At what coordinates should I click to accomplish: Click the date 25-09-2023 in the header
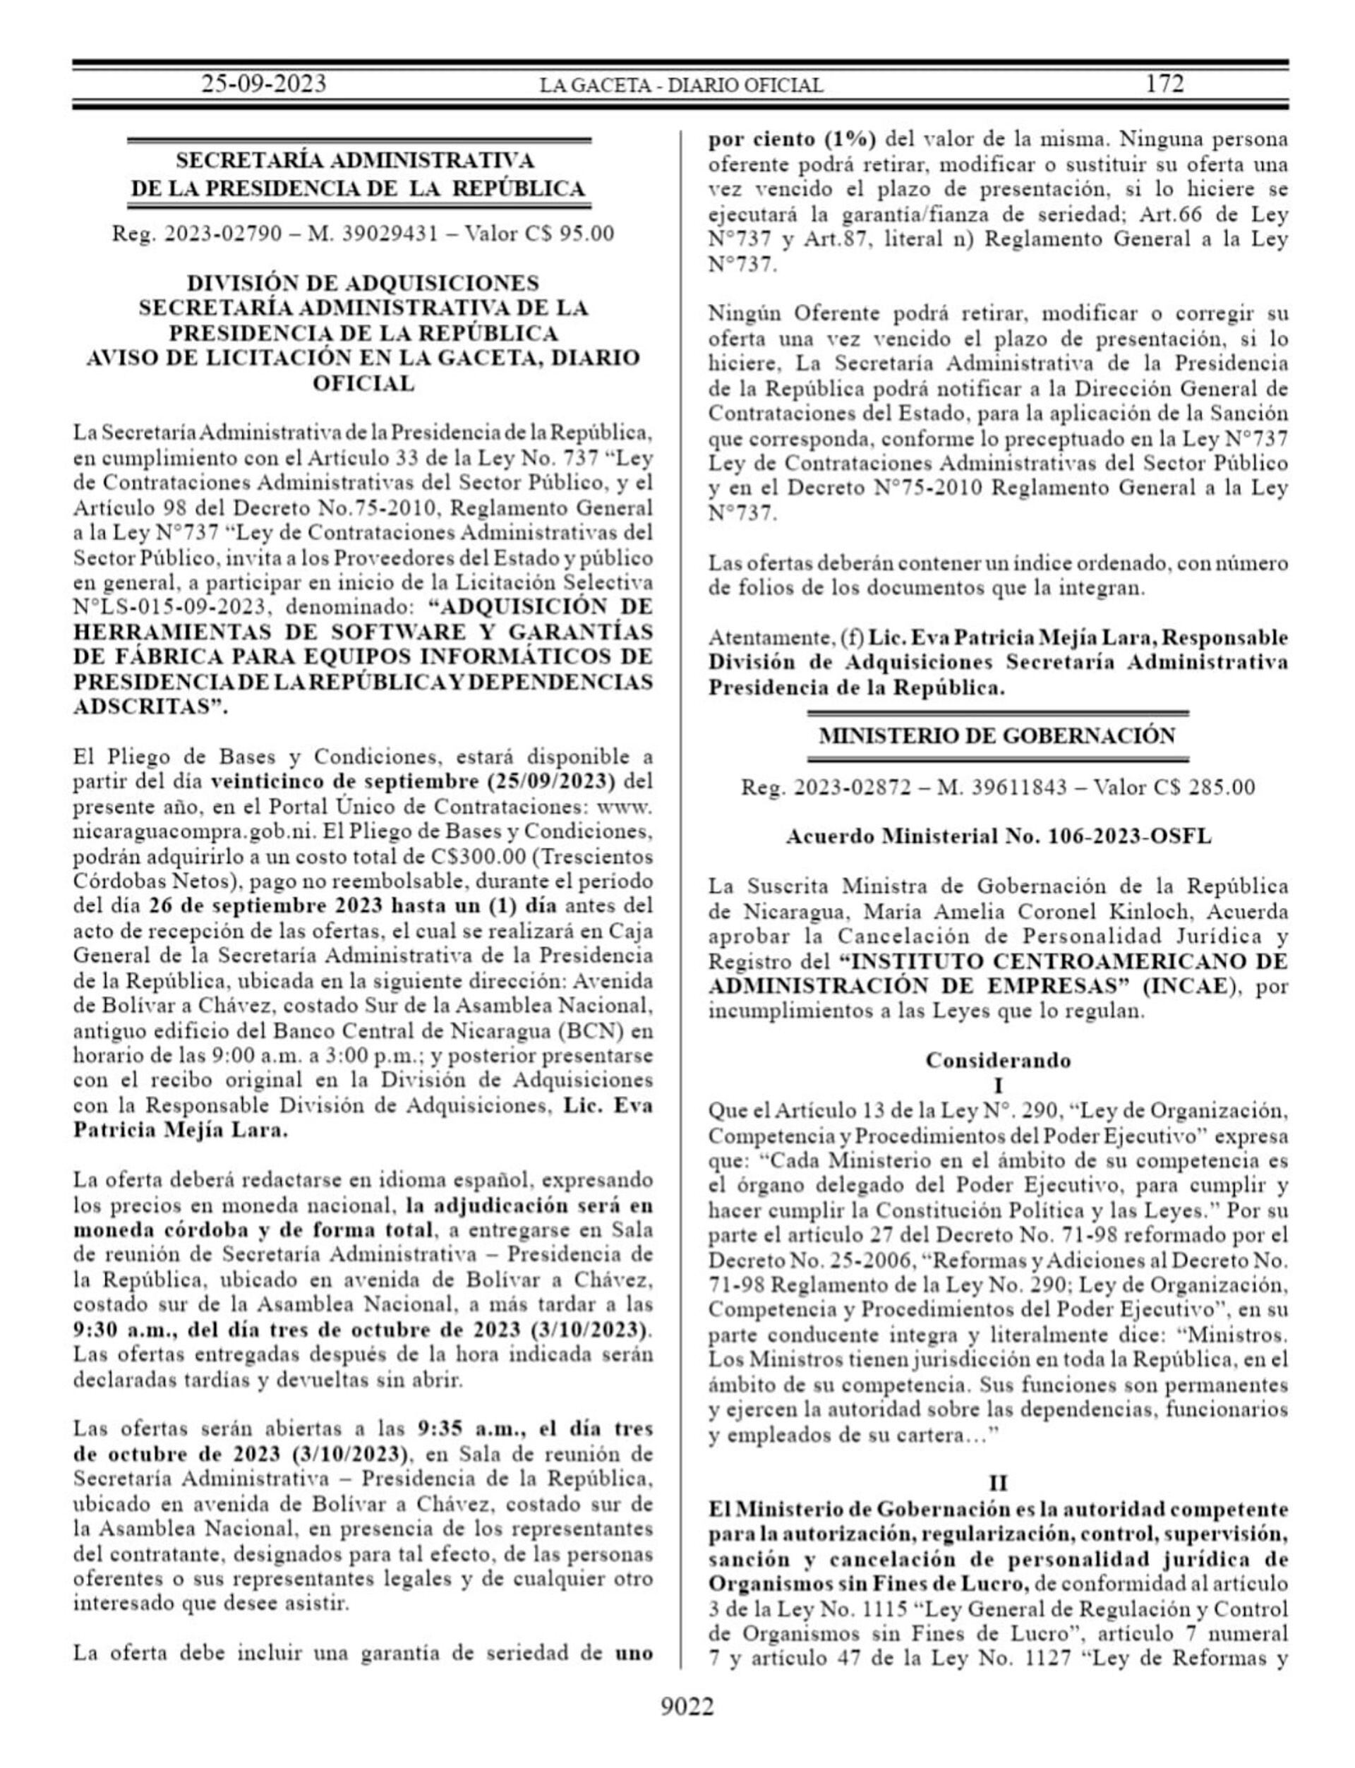[x=263, y=84]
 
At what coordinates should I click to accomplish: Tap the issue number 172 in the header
[x=1164, y=84]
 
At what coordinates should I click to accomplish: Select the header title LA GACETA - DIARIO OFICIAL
[x=682, y=85]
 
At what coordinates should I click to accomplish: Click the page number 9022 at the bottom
[x=687, y=1707]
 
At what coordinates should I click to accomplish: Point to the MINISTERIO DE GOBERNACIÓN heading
[x=997, y=735]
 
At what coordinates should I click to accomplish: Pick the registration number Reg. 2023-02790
[x=197, y=234]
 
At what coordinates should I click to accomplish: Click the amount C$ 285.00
[x=1215, y=787]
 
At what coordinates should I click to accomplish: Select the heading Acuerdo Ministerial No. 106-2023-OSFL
[x=999, y=836]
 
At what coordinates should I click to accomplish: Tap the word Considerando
[x=998, y=1060]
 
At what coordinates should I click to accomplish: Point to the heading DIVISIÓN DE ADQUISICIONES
[x=363, y=283]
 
